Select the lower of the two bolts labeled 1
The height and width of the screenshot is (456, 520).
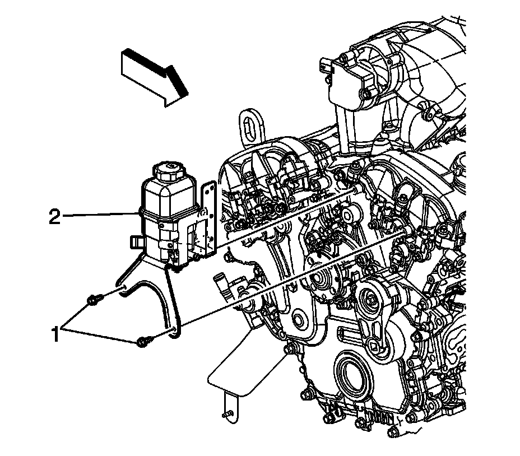[143, 339]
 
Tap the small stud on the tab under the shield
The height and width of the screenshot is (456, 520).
[227, 415]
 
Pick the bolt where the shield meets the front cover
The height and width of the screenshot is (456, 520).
[290, 350]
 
